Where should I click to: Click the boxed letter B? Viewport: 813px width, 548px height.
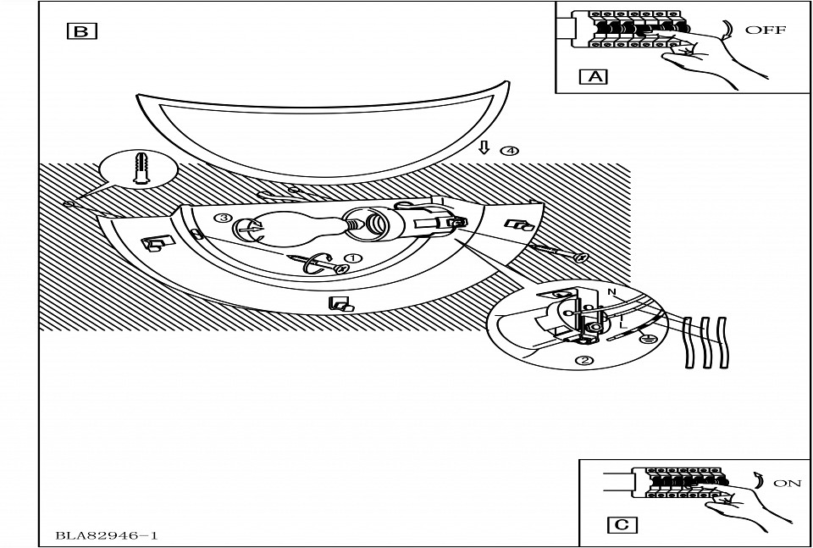pyautogui.click(x=81, y=31)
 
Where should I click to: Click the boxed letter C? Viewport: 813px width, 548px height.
pyautogui.click(x=622, y=524)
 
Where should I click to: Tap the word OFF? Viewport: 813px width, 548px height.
pyautogui.click(x=765, y=30)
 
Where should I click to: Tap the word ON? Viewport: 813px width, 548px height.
pyautogui.click(x=787, y=483)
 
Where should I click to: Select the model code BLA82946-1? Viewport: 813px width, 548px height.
pyautogui.click(x=108, y=535)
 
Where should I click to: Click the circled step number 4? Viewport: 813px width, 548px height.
pyautogui.click(x=509, y=151)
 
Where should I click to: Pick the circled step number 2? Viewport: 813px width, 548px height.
pyautogui.click(x=584, y=360)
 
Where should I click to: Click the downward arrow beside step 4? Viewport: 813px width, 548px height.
pyautogui.click(x=484, y=149)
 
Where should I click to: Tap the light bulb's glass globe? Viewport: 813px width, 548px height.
pyautogui.click(x=288, y=231)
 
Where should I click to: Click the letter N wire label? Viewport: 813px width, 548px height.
pyautogui.click(x=611, y=292)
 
